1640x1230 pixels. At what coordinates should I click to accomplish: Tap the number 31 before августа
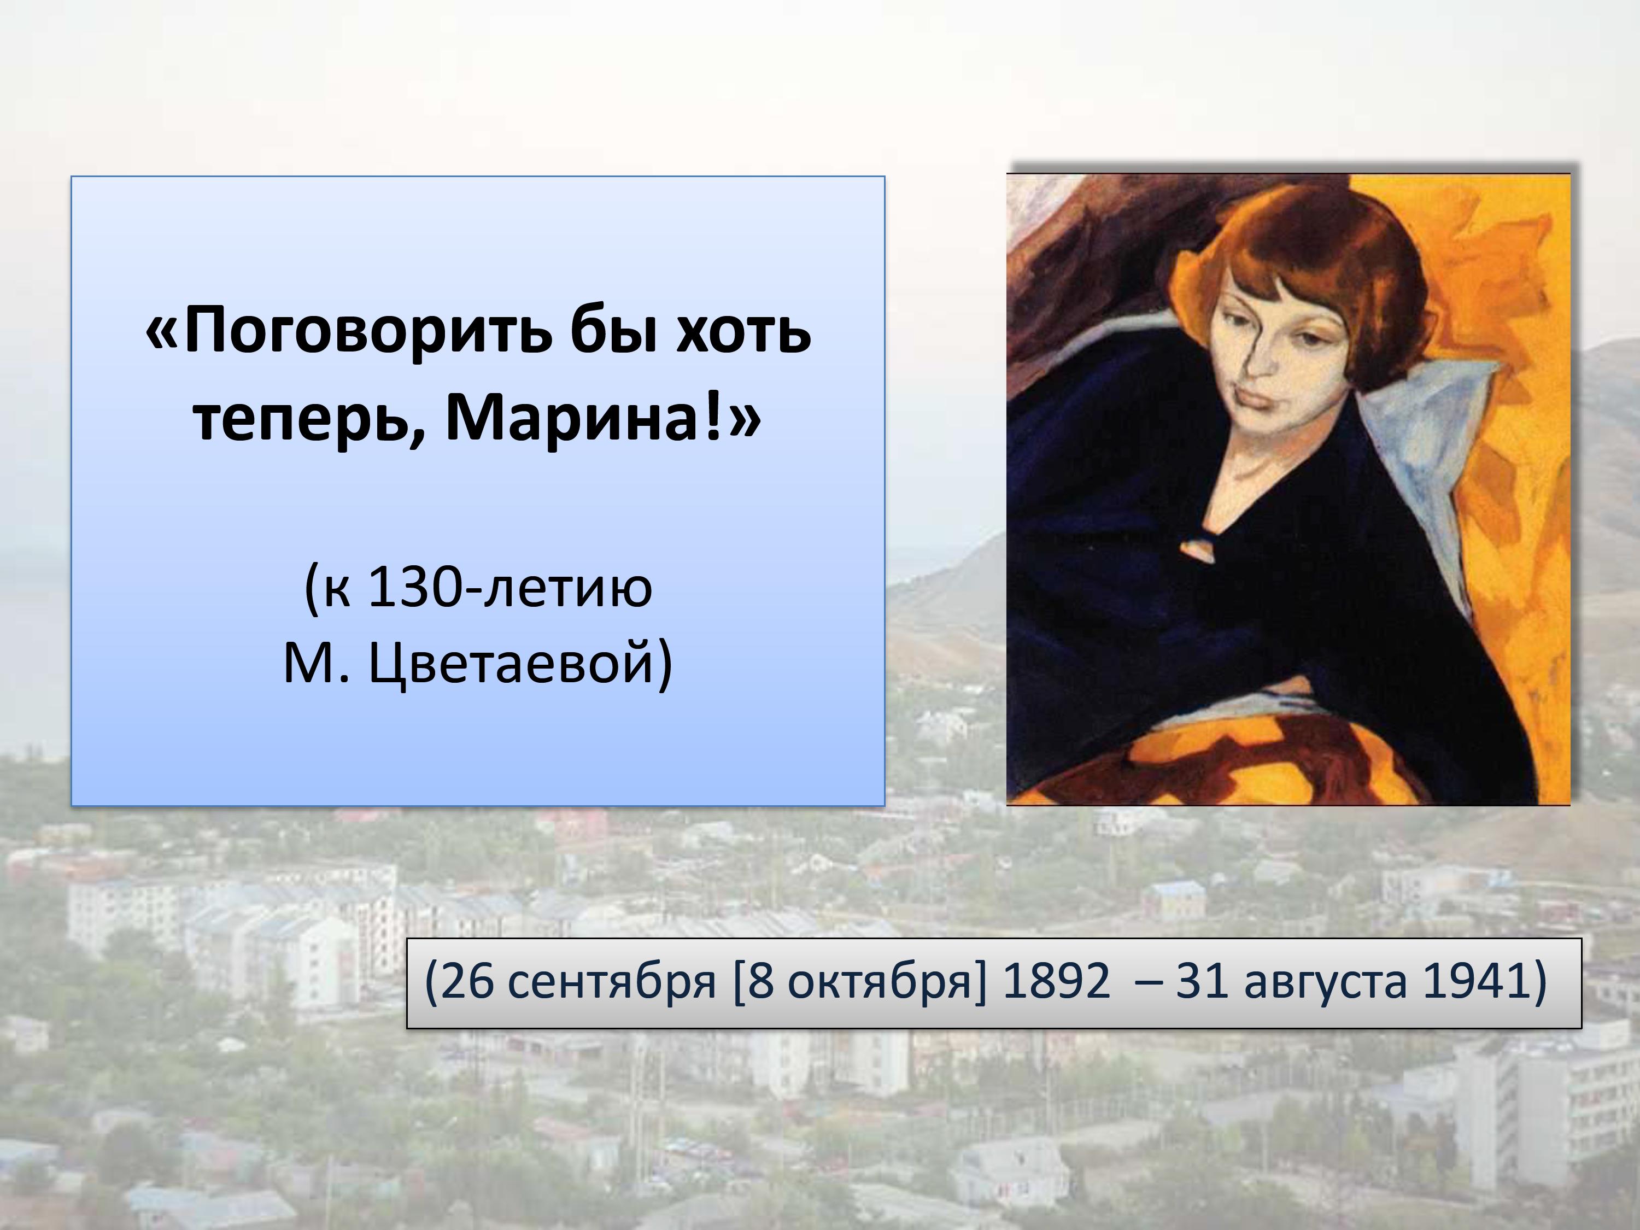click(1204, 982)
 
